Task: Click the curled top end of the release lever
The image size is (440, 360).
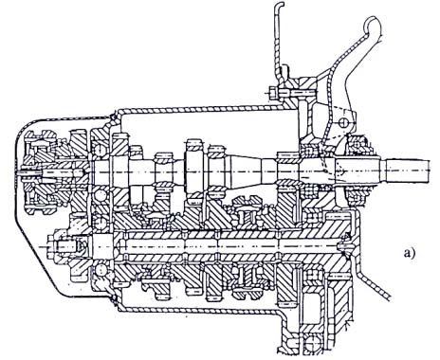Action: tap(372, 23)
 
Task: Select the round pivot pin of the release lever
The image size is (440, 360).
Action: tap(342, 122)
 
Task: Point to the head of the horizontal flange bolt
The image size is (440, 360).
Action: tap(272, 93)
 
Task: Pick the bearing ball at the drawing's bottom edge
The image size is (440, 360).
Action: tap(312, 342)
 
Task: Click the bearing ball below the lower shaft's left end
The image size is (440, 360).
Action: tap(101, 270)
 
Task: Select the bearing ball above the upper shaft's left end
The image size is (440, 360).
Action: tap(101, 150)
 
